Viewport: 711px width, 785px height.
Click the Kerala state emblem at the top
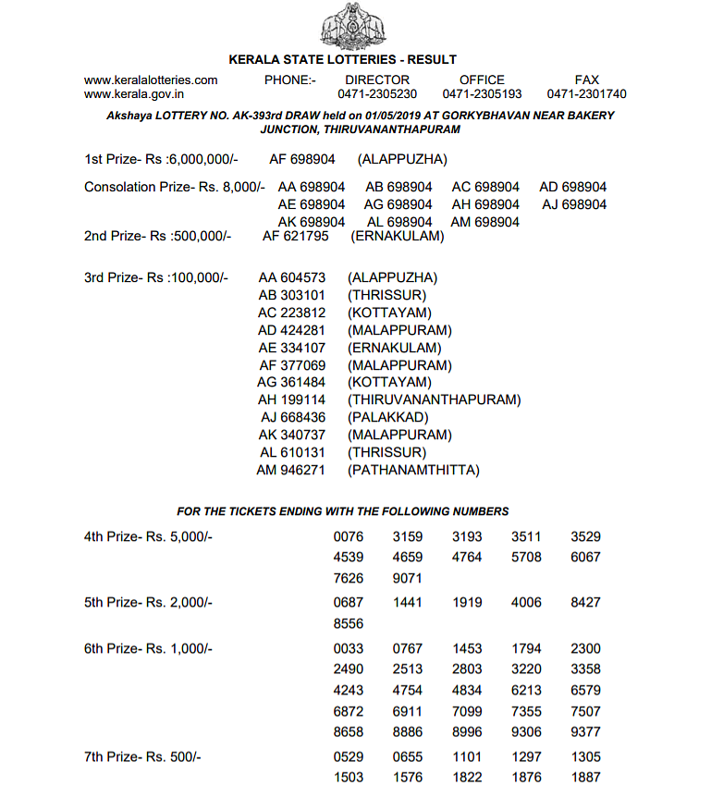pyautogui.click(x=355, y=28)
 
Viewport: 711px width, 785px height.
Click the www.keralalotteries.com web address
pyautogui.click(x=151, y=80)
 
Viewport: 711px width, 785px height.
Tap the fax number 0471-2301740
pyautogui.click(x=586, y=94)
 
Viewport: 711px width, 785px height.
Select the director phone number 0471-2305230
pyautogui.click(x=377, y=94)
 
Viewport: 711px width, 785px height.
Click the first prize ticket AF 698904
pyautogui.click(x=302, y=159)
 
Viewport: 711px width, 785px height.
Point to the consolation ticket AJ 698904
pyautogui.click(x=574, y=204)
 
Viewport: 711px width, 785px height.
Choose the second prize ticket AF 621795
pyautogui.click(x=296, y=236)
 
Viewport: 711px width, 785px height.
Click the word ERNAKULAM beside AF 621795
pyautogui.click(x=398, y=236)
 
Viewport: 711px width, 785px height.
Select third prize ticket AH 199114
pyautogui.click(x=292, y=400)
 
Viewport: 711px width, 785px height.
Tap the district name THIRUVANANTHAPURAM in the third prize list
pyautogui.click(x=435, y=400)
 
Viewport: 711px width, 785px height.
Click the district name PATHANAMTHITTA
pyautogui.click(x=413, y=471)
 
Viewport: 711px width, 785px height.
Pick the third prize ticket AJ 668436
pyautogui.click(x=292, y=418)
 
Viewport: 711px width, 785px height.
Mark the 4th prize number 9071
pyautogui.click(x=408, y=579)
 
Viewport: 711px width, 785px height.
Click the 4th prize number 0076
pyautogui.click(x=349, y=536)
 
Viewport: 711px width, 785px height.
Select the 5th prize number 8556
pyautogui.click(x=349, y=624)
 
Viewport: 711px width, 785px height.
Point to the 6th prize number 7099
pyautogui.click(x=467, y=712)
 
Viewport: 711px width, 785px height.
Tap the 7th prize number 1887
pyautogui.click(x=585, y=778)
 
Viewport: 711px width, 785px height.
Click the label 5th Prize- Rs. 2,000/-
pyautogui.click(x=148, y=603)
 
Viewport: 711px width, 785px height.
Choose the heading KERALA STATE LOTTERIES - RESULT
pyautogui.click(x=355, y=60)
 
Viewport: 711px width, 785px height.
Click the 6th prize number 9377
pyautogui.click(x=585, y=731)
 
